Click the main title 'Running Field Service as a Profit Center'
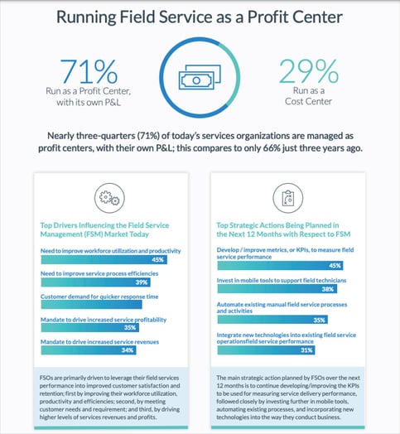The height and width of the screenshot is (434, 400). [200, 17]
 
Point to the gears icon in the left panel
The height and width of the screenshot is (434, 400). [108, 197]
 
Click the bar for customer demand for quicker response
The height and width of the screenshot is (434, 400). [91, 304]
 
